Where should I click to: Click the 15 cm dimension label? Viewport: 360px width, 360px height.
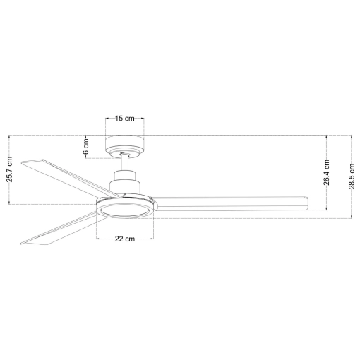[125, 118]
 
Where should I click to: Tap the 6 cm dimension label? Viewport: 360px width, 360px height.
[86, 146]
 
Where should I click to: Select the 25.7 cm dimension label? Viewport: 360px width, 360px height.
[9, 169]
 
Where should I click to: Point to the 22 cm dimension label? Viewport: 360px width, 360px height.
[125, 239]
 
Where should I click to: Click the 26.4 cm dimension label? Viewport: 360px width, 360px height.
[327, 172]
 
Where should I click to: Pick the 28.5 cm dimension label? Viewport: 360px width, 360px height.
[352, 176]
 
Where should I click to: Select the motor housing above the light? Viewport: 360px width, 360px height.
[125, 182]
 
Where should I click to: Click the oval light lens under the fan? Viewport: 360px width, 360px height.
[126, 210]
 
